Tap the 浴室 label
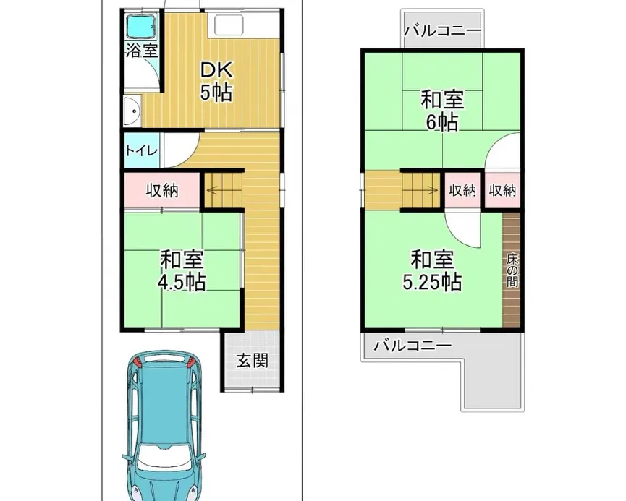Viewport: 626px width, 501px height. (140, 51)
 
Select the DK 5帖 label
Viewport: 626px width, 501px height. (216, 80)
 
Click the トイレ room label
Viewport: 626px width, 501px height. (138, 151)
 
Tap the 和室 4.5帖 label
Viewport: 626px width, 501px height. (182, 269)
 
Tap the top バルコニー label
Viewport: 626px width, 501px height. (442, 31)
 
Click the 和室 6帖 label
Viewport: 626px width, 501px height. (442, 110)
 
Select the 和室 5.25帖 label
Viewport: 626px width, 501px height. (433, 269)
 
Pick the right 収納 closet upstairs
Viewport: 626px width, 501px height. (502, 191)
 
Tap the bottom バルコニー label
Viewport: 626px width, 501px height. (412, 345)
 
